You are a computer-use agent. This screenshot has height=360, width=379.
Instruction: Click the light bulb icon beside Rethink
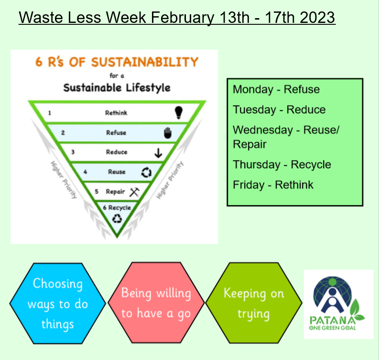(179, 113)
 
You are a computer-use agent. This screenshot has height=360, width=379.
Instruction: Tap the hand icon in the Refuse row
(168, 133)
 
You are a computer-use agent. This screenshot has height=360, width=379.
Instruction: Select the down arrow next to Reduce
(158, 153)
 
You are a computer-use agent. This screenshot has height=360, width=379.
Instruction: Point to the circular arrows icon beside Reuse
(146, 172)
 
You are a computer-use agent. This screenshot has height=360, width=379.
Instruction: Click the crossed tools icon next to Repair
(134, 192)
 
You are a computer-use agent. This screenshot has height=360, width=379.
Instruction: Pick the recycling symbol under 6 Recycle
(117, 219)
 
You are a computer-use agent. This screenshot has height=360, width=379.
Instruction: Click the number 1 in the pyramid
(50, 113)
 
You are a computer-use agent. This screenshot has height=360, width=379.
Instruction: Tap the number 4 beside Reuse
(85, 172)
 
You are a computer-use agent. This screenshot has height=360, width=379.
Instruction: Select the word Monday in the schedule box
(253, 90)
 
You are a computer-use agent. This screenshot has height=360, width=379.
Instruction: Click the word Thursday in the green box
(257, 165)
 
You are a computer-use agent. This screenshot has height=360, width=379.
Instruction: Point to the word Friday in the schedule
(249, 185)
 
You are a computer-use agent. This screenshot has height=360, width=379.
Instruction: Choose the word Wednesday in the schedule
(263, 130)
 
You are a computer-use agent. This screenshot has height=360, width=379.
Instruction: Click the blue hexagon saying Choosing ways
(58, 303)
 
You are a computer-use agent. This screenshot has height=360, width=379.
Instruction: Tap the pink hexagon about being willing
(156, 303)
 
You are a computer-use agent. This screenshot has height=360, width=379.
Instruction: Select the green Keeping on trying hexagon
(254, 303)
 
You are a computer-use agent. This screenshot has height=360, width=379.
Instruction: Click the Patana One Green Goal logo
(338, 304)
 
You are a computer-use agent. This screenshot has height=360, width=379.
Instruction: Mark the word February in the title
(183, 17)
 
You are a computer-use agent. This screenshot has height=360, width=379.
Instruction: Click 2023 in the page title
(317, 17)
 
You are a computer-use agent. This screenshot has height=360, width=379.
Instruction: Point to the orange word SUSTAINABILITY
(145, 62)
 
